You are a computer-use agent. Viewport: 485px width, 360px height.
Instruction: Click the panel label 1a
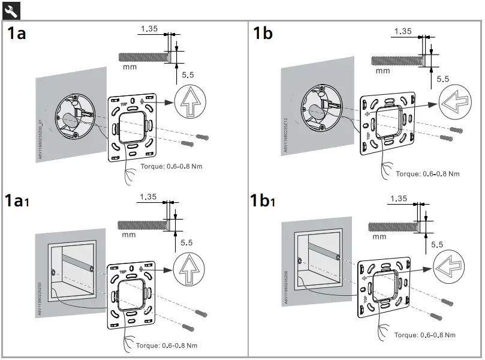[x=17, y=33]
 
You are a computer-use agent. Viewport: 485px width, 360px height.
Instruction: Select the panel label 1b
[x=263, y=33]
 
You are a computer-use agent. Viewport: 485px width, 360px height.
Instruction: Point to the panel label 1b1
[x=263, y=200]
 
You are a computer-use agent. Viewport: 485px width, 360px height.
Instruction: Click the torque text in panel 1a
[x=171, y=166]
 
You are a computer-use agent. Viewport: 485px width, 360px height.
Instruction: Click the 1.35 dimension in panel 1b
[x=403, y=31]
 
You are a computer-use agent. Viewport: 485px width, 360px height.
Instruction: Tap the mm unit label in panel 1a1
[x=128, y=235]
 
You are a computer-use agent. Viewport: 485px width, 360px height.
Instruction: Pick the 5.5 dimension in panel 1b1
[x=436, y=245]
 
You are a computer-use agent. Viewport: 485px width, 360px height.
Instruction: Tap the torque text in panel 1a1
[x=166, y=346]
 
